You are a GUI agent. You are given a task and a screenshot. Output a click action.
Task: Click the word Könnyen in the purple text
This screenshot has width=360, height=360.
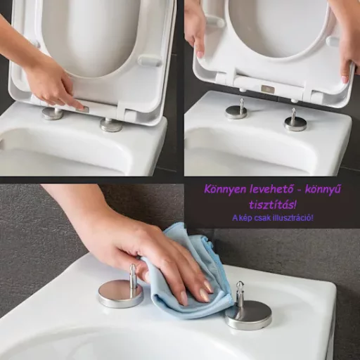tap(224, 189)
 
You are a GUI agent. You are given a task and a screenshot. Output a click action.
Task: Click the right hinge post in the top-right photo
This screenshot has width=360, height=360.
tap(295, 121)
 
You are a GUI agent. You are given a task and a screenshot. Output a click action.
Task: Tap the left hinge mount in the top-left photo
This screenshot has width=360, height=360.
tap(52, 112)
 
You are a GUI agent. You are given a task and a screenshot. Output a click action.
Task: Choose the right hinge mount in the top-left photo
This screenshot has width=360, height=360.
tap(110, 124)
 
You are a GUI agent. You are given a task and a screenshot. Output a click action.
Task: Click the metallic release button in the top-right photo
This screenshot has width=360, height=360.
tap(268, 89)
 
